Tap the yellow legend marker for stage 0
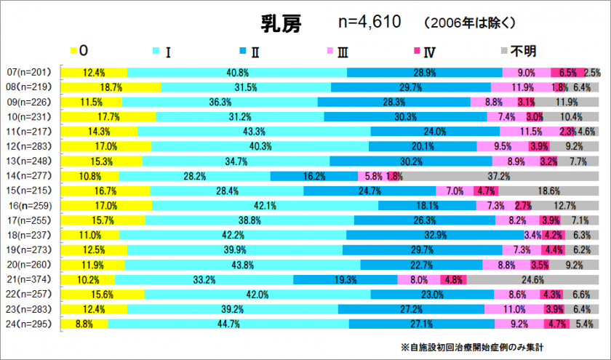click(x=73, y=51)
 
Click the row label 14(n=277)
click(x=29, y=176)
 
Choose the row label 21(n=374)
click(x=29, y=279)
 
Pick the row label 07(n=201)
click(x=29, y=73)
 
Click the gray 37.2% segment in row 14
click(x=499, y=176)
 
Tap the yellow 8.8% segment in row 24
click(x=84, y=324)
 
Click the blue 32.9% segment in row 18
click(x=434, y=235)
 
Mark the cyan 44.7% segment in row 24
click(x=228, y=324)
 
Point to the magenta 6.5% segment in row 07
click(x=568, y=73)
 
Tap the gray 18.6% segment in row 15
click(x=550, y=191)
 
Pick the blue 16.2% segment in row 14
click(x=314, y=176)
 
